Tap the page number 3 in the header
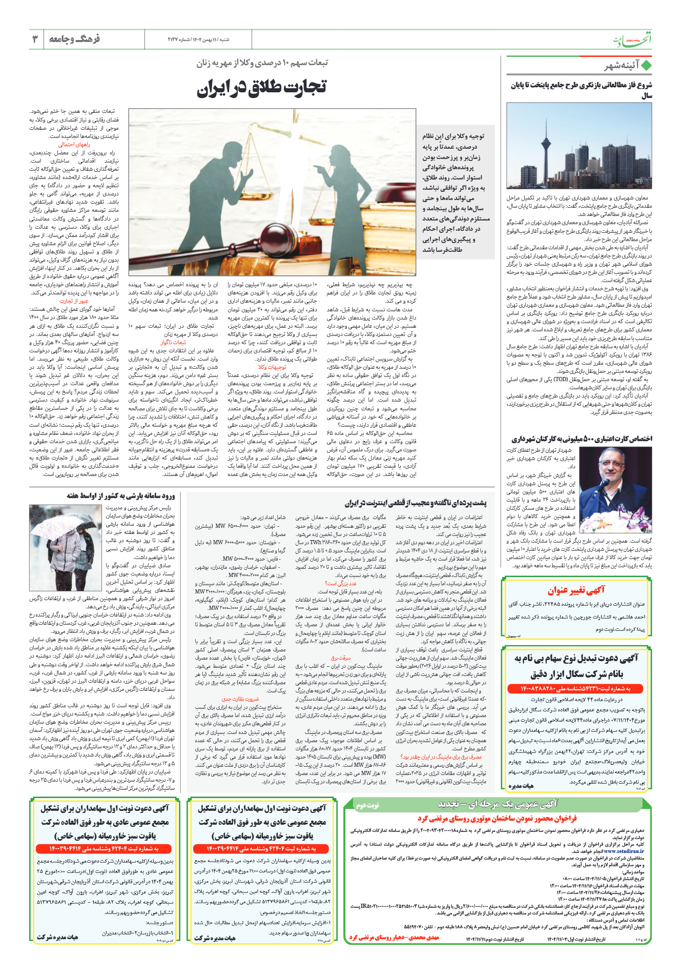point(35,39)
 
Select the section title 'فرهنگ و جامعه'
point(75,39)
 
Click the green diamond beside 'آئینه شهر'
point(646,66)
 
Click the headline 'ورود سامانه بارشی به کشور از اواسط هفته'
point(121,496)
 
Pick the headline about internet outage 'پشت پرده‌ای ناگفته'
point(416,503)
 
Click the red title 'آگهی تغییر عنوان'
point(576,590)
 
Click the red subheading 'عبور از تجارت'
point(74,301)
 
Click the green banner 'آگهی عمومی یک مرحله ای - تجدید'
point(498,804)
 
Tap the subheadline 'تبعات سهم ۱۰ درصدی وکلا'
point(262,63)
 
